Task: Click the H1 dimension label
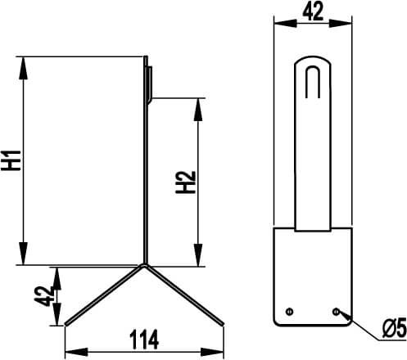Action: point(11,160)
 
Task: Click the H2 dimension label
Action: point(186,182)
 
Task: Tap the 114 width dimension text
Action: point(144,340)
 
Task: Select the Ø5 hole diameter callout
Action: point(395,328)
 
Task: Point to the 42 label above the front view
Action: point(313,11)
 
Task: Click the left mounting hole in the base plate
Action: point(289,312)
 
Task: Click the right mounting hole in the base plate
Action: point(336,312)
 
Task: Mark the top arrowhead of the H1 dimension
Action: point(24,68)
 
